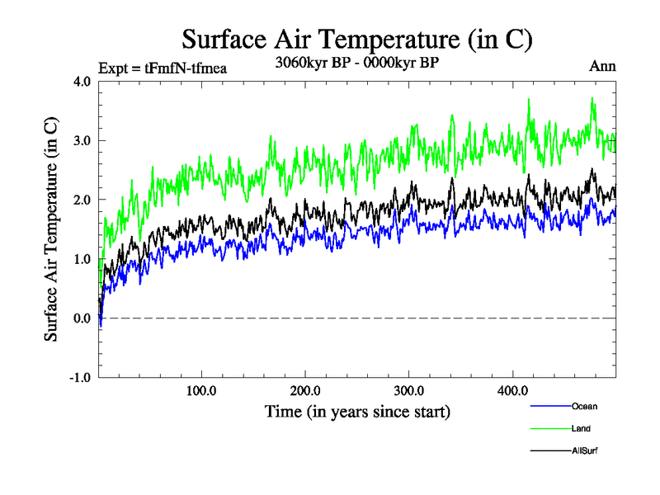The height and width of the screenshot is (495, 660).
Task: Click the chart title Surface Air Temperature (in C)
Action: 356,39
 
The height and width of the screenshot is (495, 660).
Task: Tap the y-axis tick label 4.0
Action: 83,81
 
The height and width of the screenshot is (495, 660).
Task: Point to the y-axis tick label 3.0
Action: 83,140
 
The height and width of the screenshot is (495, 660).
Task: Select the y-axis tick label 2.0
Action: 83,200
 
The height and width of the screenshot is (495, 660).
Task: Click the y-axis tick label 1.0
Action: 83,259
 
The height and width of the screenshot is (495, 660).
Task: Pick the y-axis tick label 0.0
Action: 83,318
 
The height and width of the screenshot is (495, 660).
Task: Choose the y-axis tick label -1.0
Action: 81,378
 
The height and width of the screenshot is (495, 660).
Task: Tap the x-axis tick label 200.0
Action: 305,391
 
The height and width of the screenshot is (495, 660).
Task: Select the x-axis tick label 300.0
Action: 409,391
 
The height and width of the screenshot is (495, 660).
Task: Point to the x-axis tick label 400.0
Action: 512,391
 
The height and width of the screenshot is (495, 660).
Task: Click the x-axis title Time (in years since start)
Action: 357,411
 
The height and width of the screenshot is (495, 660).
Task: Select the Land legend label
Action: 581,429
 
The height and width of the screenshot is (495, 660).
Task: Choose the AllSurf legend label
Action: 584,451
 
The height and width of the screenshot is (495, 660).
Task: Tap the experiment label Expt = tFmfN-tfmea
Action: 162,68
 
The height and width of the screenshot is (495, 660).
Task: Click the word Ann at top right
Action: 602,66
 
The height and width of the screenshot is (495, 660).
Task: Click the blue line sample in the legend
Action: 549,406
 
